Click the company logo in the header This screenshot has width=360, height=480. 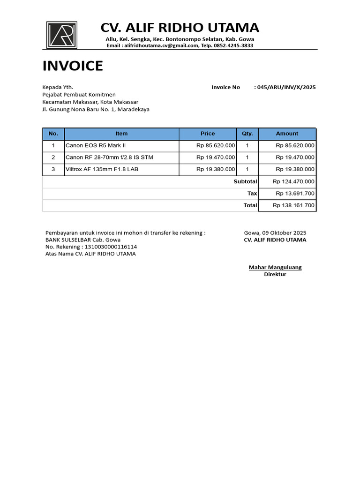tap(61, 35)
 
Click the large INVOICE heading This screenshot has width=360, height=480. tap(73, 66)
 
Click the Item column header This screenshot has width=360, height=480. tap(121, 134)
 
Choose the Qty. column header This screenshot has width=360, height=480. tap(247, 134)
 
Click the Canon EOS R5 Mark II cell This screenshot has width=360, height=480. tap(96, 146)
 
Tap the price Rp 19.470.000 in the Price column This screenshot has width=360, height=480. tap(216, 157)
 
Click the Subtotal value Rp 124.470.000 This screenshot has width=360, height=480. tap(293, 181)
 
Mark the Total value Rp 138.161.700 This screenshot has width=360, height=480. tap(293, 205)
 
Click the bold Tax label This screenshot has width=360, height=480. tap(252, 193)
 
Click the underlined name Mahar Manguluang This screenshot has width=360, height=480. tap(275, 267)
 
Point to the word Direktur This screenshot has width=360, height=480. tap(275, 274)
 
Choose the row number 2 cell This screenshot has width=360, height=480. tap(53, 157)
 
